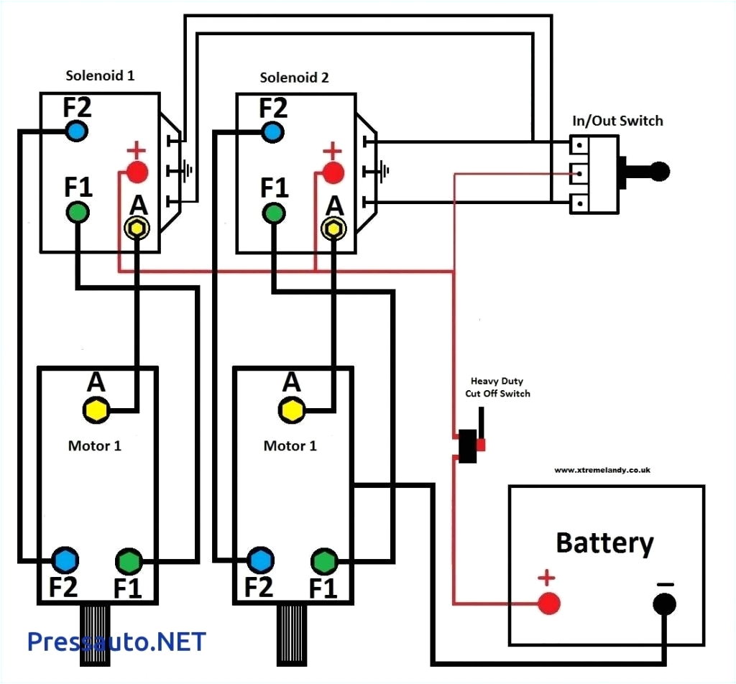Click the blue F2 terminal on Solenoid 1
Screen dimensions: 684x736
point(76,131)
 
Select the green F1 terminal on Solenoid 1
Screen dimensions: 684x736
point(78,212)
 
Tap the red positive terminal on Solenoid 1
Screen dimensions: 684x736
point(137,172)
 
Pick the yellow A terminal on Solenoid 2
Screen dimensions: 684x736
point(333,228)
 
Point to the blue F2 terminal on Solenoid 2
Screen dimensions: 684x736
point(272,131)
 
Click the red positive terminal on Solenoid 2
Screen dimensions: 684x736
point(332,172)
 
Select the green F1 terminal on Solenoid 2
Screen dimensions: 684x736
point(273,213)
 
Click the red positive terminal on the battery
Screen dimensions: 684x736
point(548,602)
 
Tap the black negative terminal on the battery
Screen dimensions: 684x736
point(664,604)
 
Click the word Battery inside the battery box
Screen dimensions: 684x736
point(604,543)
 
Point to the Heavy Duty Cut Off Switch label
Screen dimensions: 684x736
point(500,387)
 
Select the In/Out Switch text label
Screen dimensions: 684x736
point(617,121)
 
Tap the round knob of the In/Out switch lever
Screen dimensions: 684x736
point(658,171)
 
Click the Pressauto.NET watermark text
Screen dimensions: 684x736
point(116,642)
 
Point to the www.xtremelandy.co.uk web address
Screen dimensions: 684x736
point(602,470)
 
